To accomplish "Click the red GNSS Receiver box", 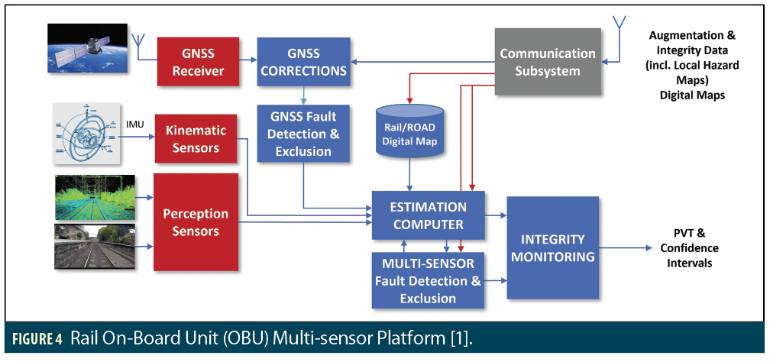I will click(198, 63).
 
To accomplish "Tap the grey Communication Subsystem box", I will click(547, 62).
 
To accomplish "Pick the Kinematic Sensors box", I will click(196, 138).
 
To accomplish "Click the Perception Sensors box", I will click(196, 222).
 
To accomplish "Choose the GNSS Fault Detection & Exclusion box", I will click(303, 134).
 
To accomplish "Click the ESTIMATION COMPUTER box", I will click(429, 215).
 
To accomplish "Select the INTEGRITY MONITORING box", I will click(552, 248).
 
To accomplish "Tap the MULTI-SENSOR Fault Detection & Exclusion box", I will click(429, 280).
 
